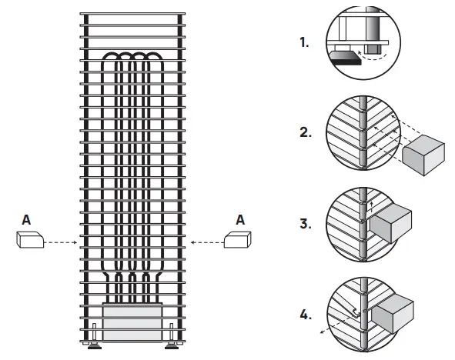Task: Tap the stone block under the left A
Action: pyautogui.click(x=32, y=241)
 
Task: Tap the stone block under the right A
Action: pyautogui.click(x=236, y=241)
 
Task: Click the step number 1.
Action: pyautogui.click(x=304, y=44)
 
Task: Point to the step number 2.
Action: pyautogui.click(x=305, y=132)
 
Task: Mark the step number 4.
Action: pyautogui.click(x=305, y=315)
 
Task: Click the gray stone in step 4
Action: pyautogui.click(x=394, y=311)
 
